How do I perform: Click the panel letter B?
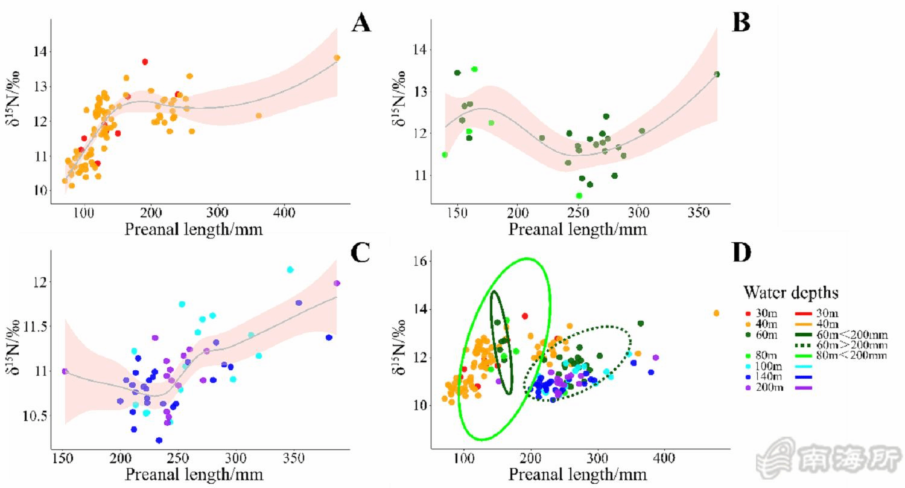pos(740,22)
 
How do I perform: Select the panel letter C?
pos(360,252)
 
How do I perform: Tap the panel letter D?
pos(741,252)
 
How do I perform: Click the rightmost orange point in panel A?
pos(337,58)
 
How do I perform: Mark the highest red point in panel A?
pos(145,62)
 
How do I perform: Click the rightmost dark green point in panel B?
pos(717,74)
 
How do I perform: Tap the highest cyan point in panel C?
pos(290,269)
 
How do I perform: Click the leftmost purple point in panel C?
pos(65,371)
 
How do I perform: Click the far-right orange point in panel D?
pos(716,313)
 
